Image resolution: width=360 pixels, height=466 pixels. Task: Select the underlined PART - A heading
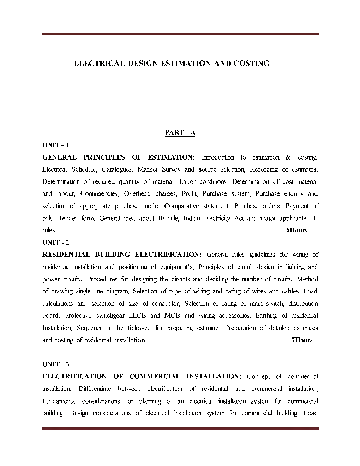point(180,133)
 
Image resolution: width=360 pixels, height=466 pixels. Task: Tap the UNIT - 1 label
point(55,145)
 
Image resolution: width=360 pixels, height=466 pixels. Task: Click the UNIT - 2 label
point(55,243)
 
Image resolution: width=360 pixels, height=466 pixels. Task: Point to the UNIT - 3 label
point(55,364)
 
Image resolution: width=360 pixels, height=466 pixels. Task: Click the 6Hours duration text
point(296,231)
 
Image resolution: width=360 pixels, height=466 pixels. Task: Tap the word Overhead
point(137,194)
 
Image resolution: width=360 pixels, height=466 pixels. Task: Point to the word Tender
point(67,219)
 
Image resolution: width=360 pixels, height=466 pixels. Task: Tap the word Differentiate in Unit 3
point(95,389)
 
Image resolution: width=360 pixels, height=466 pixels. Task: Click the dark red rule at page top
point(180,34)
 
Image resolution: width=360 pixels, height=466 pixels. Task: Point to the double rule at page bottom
point(180,429)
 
